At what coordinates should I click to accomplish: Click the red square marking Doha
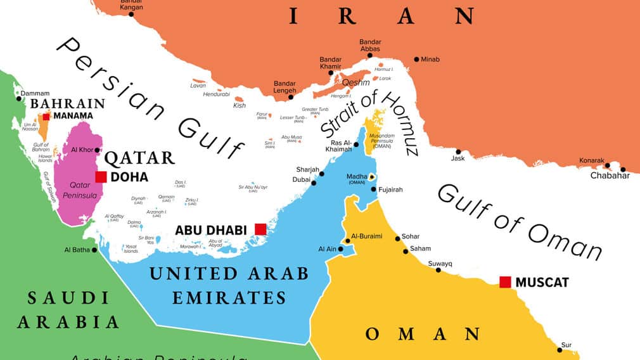[x=101, y=177]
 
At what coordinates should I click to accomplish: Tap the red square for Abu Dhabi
[x=260, y=229]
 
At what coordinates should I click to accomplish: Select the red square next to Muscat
[x=505, y=282]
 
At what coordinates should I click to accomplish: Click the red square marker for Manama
[x=47, y=116]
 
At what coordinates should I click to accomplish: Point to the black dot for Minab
[x=416, y=60]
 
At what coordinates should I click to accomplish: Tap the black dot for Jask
[x=458, y=151]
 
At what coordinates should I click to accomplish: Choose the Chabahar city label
[x=610, y=176]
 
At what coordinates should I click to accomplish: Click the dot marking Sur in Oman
[x=560, y=349]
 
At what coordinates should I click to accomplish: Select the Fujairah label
[x=391, y=190]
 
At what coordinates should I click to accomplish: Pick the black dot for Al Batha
[x=94, y=250]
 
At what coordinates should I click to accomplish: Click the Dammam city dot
[x=18, y=98]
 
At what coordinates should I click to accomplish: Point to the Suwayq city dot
[x=438, y=270]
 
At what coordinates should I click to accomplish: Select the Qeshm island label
[x=355, y=83]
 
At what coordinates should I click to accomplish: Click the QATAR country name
[x=139, y=158]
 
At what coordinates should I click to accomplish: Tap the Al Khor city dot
[x=97, y=150]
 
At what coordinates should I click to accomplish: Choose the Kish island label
[x=239, y=105]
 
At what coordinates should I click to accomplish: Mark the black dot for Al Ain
[x=341, y=249]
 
